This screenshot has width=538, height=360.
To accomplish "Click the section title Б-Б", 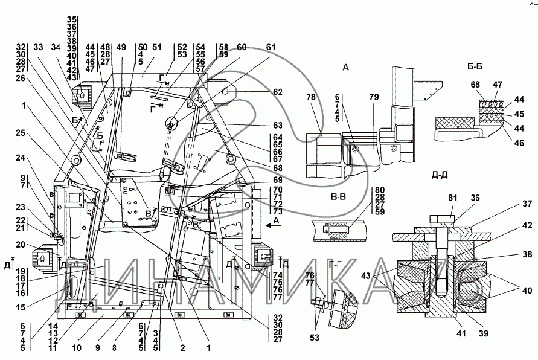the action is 475,66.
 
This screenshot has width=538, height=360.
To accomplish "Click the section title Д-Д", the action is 440,175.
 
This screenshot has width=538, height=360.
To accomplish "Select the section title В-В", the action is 338,197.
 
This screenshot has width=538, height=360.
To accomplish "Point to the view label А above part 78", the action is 345,67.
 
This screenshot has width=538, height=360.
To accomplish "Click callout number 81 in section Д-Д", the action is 453,198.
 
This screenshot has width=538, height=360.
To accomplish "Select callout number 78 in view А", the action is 310,98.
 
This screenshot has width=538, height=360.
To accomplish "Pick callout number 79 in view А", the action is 374,97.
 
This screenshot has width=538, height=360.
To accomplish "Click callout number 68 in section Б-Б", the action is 475,84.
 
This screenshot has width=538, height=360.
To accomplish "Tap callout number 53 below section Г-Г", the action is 315,338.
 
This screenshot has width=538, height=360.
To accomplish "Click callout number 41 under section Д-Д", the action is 461,333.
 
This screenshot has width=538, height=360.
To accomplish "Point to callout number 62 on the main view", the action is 278,92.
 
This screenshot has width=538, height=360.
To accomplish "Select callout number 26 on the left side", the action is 21,78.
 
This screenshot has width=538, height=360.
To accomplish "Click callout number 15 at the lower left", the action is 21,307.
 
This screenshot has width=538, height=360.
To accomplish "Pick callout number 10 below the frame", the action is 77,348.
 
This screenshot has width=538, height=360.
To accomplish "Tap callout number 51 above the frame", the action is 156,47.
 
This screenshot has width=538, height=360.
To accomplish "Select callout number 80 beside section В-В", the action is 380,190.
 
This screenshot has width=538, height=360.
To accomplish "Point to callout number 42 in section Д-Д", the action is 527,225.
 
